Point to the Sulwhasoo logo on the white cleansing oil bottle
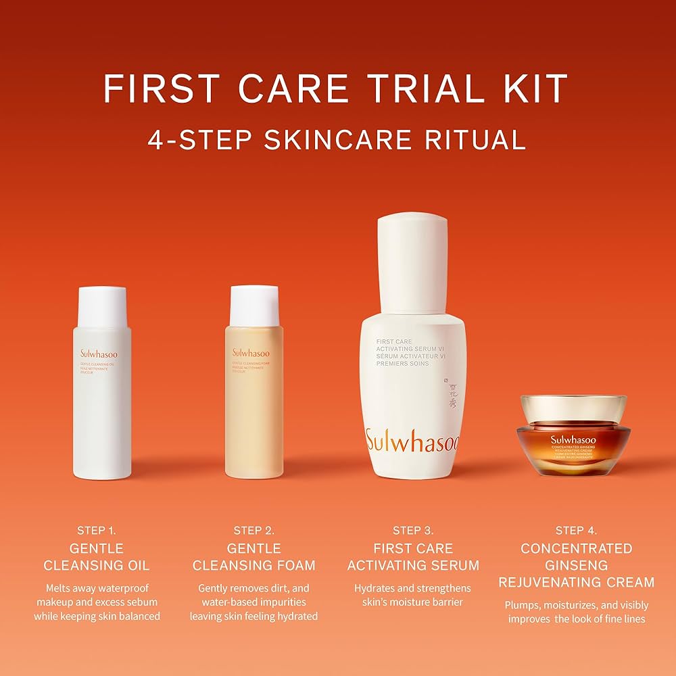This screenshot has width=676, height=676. click(98, 354)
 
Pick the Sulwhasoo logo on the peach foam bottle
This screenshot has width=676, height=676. click(251, 353)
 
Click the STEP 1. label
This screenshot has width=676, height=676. click(97, 530)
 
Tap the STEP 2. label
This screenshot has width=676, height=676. click(254, 530)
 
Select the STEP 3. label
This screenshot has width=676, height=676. click(413, 530)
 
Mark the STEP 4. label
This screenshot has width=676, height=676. click(576, 530)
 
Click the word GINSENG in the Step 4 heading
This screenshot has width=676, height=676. click(577, 564)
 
